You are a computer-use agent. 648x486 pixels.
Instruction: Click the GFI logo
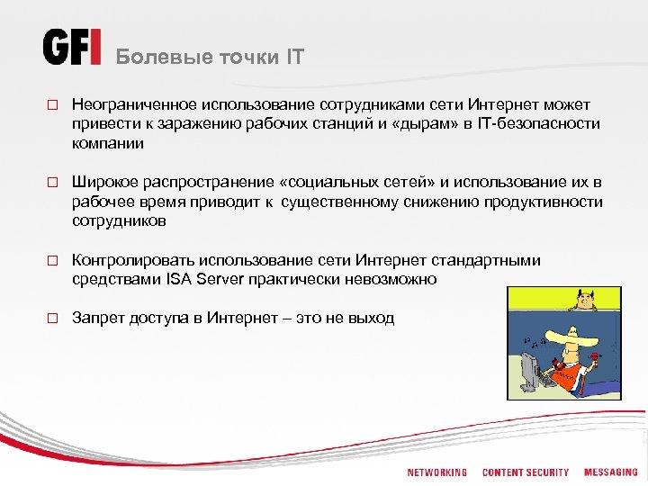click(x=72, y=48)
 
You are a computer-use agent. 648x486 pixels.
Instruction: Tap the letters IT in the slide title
click(x=294, y=58)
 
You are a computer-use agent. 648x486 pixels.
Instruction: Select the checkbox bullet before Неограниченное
click(x=52, y=106)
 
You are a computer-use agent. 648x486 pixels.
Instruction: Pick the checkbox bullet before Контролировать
click(x=52, y=261)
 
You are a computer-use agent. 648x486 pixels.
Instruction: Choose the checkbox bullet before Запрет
click(x=52, y=319)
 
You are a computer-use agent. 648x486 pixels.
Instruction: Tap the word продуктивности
click(x=544, y=202)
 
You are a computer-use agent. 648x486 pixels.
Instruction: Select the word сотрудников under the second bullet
click(x=119, y=220)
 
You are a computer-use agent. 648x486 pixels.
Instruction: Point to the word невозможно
click(x=391, y=279)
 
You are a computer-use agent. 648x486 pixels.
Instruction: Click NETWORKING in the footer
click(x=436, y=472)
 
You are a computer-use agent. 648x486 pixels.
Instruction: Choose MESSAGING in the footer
click(x=610, y=472)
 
